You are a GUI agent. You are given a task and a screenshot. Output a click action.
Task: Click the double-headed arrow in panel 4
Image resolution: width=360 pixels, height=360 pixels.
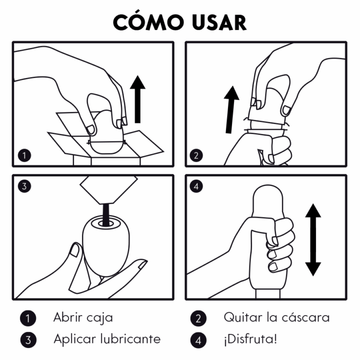313,239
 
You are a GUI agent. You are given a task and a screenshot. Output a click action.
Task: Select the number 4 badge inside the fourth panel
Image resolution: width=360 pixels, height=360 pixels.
196,187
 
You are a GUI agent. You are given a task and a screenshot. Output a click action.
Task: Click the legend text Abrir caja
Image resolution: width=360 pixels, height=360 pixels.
83,317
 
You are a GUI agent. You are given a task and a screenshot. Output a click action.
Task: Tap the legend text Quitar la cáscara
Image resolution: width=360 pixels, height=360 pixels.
276,317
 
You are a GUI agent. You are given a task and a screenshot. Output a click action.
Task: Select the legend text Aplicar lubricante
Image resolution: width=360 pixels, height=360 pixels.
107,339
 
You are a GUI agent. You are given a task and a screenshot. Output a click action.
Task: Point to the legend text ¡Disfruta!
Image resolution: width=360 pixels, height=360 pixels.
249,339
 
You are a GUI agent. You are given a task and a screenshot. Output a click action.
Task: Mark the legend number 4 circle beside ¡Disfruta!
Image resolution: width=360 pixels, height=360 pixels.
198,340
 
